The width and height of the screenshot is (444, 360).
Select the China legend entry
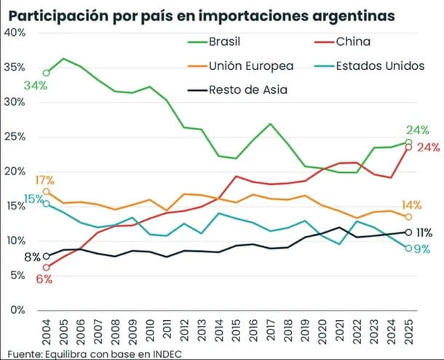pyautogui.click(x=363, y=42)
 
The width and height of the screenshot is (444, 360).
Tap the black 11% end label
pyautogui.click(x=424, y=233)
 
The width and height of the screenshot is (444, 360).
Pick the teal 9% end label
pyautogui.click(x=423, y=249)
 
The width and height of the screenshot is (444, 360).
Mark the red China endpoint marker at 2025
pyautogui.click(x=409, y=148)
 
